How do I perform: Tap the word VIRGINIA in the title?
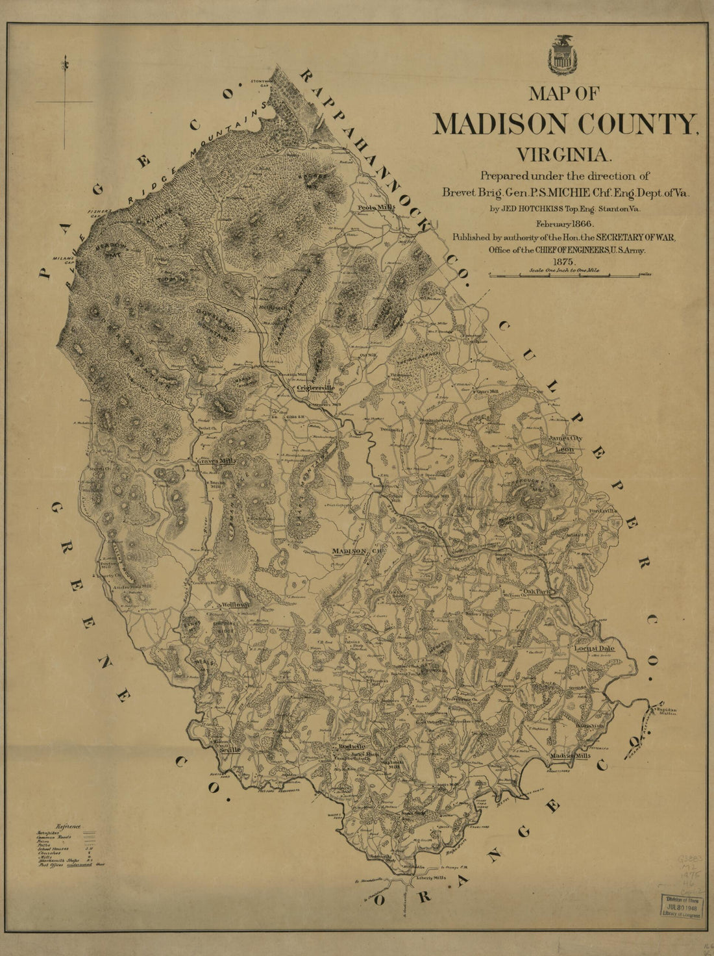click(x=564, y=155)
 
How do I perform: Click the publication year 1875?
click(x=565, y=262)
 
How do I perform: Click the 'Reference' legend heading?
click(x=69, y=826)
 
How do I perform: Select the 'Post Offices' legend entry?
click(x=51, y=865)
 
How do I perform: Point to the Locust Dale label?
click(x=594, y=648)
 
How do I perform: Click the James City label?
click(x=566, y=438)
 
